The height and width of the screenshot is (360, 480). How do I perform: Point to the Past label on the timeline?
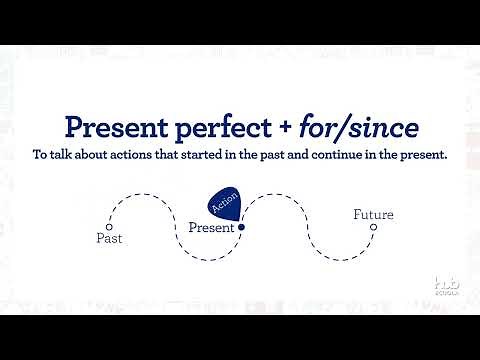109,239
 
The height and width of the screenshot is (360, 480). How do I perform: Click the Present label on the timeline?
211,227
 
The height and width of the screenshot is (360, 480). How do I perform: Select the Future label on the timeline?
373,214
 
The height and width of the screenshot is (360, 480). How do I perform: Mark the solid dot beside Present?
241,227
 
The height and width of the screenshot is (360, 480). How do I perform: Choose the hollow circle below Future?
373,227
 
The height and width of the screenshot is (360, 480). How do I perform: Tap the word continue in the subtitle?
356,157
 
